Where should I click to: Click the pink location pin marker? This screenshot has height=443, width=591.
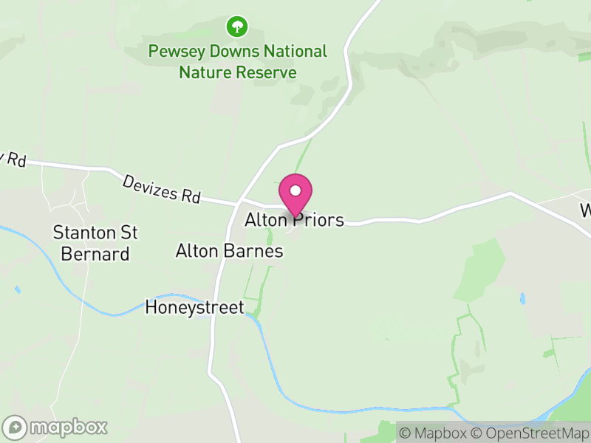point(295,195)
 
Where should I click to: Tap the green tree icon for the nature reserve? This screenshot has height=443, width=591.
point(236,27)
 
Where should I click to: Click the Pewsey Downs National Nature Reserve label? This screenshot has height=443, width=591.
point(237,62)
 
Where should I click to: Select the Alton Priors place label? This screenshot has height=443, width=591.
point(295,220)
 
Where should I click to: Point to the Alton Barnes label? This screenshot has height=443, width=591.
point(229,251)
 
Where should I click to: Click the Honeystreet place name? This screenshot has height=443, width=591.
point(195,307)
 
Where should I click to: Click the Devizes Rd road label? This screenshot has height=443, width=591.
point(163,188)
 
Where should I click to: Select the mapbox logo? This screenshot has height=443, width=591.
point(55,427)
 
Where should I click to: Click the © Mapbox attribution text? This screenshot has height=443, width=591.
point(434,433)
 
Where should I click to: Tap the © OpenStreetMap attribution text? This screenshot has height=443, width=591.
point(530,433)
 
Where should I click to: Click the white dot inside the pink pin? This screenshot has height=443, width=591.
point(295,190)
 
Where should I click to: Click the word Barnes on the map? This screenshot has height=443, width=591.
point(259,251)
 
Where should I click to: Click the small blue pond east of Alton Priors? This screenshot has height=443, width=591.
point(523,299)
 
